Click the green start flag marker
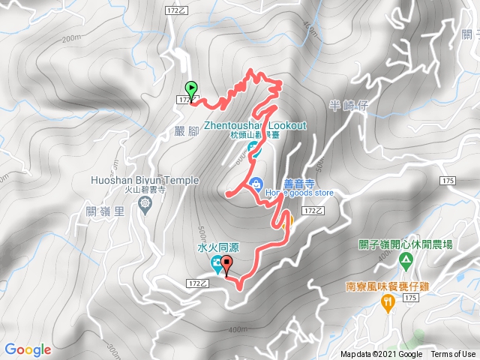(x=190, y=88)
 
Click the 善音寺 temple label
(x=277, y=180)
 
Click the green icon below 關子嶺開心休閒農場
(x=406, y=262)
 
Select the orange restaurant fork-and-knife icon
(x=387, y=302)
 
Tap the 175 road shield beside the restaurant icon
(x=409, y=298)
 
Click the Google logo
(x=28, y=349)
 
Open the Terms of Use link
(x=452, y=355)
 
